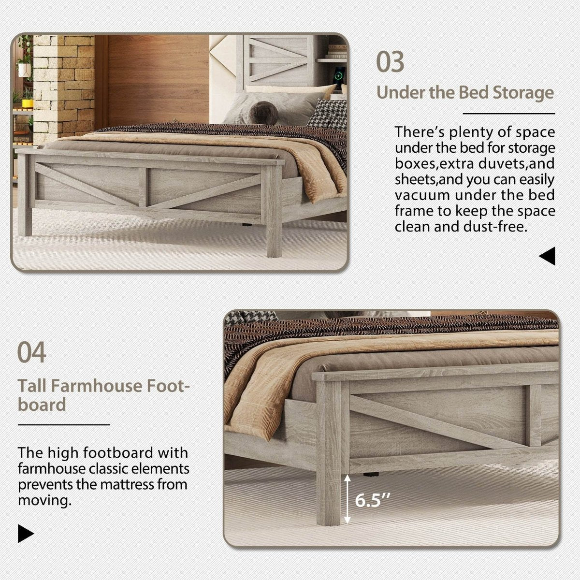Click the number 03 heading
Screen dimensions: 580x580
click(x=391, y=62)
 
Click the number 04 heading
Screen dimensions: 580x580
click(x=32, y=352)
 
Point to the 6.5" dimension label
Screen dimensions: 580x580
click(x=372, y=500)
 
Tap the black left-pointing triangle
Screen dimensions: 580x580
click(x=547, y=256)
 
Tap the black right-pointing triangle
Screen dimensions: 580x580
click(x=26, y=534)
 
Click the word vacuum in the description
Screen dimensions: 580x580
click(x=425, y=195)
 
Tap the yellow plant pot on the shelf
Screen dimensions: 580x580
click(x=28, y=103)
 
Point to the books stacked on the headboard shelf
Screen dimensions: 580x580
click(x=337, y=49)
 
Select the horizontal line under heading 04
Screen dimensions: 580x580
click(x=64, y=425)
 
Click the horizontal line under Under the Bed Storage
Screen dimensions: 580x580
click(x=508, y=114)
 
